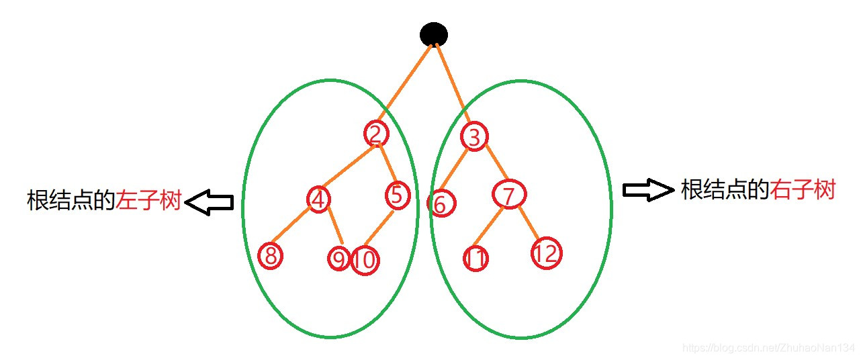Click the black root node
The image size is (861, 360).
[x=434, y=34]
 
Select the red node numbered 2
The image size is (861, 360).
[x=376, y=134]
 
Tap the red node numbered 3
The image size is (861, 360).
[x=474, y=137]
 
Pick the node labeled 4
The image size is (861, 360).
[x=320, y=199]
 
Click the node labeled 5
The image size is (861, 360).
[x=398, y=195]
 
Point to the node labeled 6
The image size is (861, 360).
[x=441, y=204]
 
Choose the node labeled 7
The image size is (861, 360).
[x=508, y=195]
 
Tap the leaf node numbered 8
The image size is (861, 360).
[x=271, y=255]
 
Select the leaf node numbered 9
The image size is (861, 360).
[x=338, y=259]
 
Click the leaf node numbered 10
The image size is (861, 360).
[x=365, y=261]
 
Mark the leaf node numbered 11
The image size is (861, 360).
[x=475, y=259]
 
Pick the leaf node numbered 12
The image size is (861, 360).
[x=547, y=254]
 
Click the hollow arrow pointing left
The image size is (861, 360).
[x=209, y=202]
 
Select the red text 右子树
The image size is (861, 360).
[x=803, y=190]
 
